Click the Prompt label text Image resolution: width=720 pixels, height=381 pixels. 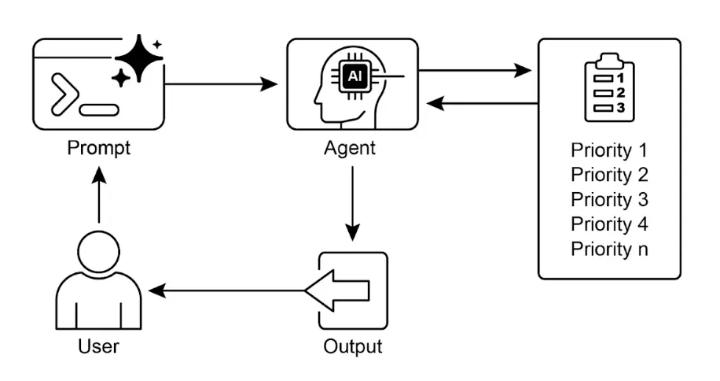[x=99, y=147]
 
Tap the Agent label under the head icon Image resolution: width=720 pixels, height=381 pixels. [x=350, y=147]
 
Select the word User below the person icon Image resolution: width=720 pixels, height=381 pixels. [x=99, y=346]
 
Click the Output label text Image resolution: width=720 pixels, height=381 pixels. [x=352, y=346]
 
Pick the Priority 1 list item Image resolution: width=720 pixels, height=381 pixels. [x=609, y=150]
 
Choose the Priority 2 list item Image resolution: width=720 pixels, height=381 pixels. [x=609, y=175]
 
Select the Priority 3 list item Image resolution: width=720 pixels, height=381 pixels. [x=609, y=199]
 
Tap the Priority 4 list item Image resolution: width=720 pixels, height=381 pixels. [x=609, y=224]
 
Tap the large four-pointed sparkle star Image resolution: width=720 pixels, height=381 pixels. [x=138, y=57]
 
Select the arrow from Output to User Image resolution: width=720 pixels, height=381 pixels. [x=228, y=291]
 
